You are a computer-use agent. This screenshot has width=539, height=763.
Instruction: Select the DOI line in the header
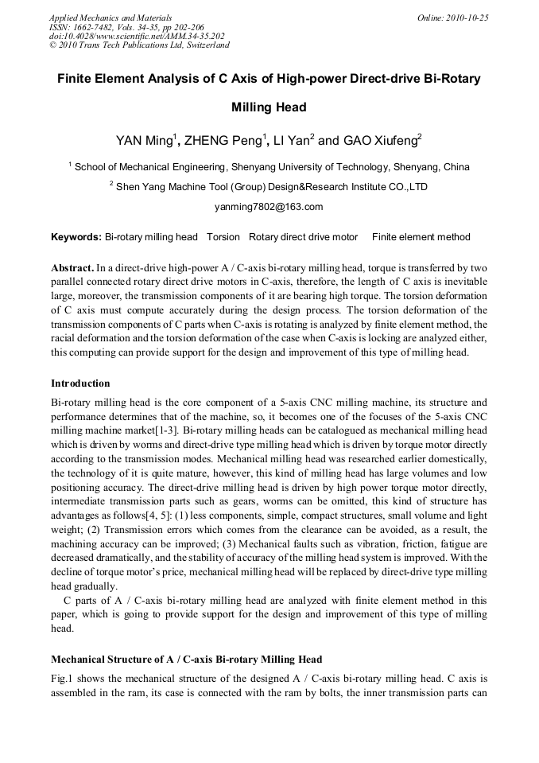pyautogui.click(x=137, y=36)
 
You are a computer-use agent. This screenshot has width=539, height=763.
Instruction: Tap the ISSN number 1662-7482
pyautogui.click(x=97, y=26)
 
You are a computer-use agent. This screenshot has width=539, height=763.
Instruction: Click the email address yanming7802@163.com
pyautogui.click(x=269, y=207)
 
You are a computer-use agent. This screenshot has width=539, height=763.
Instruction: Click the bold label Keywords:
pyautogui.click(x=76, y=237)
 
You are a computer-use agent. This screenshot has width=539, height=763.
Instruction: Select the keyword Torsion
pyautogui.click(x=223, y=237)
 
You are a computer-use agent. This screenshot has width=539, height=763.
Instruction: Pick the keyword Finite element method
pyautogui.click(x=421, y=237)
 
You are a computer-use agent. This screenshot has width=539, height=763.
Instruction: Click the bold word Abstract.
pyautogui.click(x=72, y=267)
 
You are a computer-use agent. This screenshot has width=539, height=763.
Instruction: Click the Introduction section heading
pyautogui.click(x=83, y=383)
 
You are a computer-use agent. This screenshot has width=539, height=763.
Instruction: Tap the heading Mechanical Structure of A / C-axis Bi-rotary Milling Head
pyautogui.click(x=187, y=660)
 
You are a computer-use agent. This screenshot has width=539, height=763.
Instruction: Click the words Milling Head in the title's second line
pyautogui.click(x=269, y=107)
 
